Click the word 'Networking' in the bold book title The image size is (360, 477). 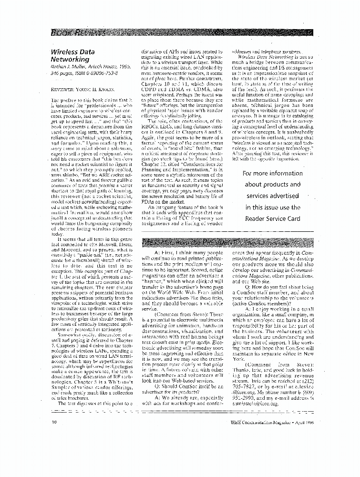point(69,59)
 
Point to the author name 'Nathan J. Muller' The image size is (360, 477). point(67,67)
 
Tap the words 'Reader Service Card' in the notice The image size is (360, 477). point(272,218)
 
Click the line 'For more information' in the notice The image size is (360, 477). point(272,173)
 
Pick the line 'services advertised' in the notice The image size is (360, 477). point(272,196)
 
